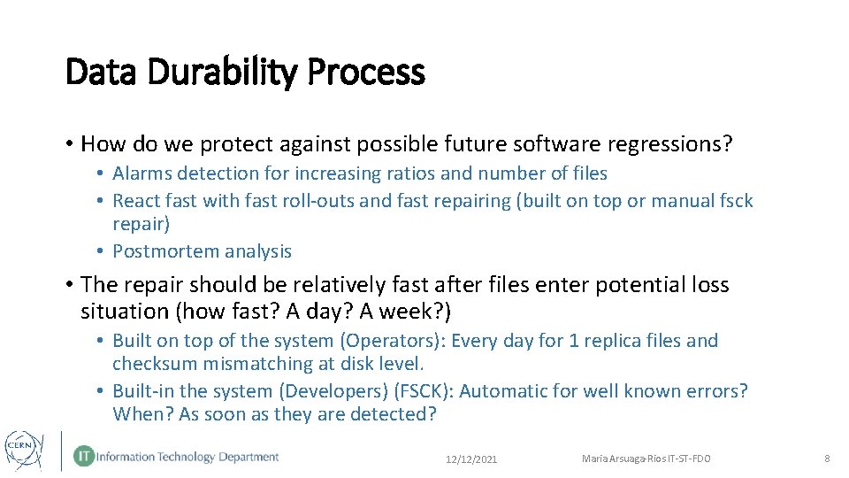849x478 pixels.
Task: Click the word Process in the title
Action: point(366,73)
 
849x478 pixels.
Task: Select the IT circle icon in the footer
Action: point(84,457)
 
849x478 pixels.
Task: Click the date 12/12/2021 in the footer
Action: point(472,459)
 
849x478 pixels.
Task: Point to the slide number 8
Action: point(827,459)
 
